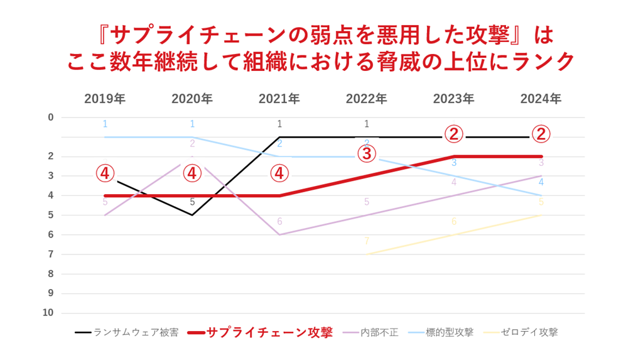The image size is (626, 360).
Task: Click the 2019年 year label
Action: click(105, 99)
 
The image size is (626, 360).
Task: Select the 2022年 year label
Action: click(366, 99)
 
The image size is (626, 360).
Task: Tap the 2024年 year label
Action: click(541, 99)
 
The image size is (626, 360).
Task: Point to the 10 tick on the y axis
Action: click(48, 313)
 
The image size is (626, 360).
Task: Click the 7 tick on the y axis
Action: click(51, 254)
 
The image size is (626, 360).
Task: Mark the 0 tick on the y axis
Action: click(51, 117)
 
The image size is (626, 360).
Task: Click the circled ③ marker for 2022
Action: click(367, 153)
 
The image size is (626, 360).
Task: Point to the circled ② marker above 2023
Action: click(454, 134)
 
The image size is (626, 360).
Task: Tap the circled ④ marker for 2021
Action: click(279, 173)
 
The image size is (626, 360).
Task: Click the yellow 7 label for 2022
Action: click(367, 241)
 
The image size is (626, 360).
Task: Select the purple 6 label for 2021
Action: click(279, 222)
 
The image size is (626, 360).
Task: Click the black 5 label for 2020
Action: click(192, 202)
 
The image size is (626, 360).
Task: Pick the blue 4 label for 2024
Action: click(541, 182)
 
